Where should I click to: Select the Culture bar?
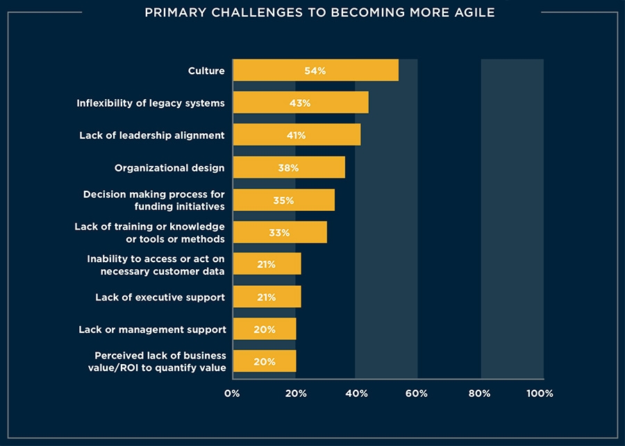(x=315, y=70)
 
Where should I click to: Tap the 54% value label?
(x=315, y=71)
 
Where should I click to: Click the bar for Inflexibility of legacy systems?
(x=300, y=103)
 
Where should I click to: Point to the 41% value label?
(x=296, y=135)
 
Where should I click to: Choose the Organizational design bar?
(x=288, y=167)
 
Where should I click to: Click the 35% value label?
(x=283, y=200)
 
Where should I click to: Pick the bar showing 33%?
(x=279, y=232)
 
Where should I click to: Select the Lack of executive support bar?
(x=267, y=297)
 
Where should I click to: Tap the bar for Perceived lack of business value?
(x=264, y=361)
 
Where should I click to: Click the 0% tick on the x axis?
(x=233, y=393)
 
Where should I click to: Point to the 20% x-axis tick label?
(x=295, y=393)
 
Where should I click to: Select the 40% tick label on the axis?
(x=357, y=393)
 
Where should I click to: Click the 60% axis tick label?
(x=417, y=393)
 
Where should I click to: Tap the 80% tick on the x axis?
(x=479, y=393)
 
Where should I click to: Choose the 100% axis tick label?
(x=540, y=393)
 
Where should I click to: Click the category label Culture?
(x=206, y=71)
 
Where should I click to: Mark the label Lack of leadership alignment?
(x=152, y=135)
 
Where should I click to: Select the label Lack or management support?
(x=152, y=329)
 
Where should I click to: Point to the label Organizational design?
(x=169, y=167)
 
